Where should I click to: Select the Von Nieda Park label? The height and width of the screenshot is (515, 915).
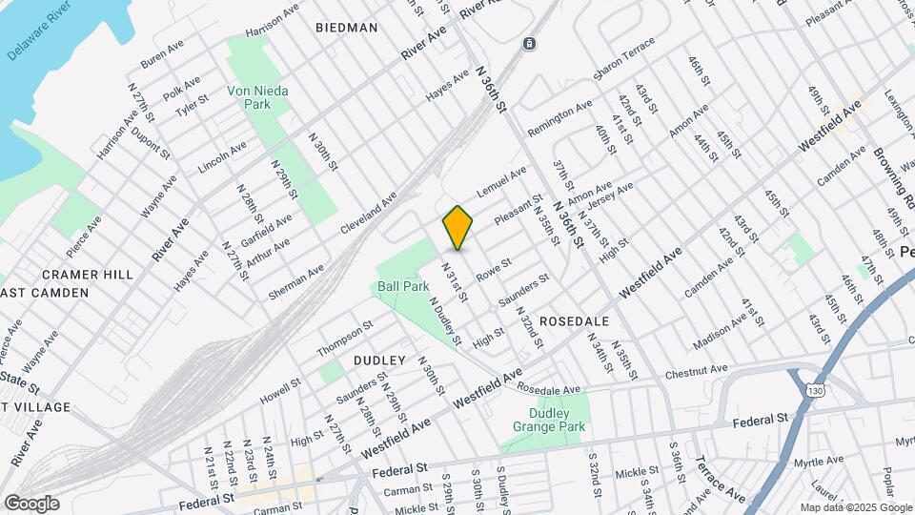(x=257, y=97)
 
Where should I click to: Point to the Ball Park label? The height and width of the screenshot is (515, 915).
(x=396, y=285)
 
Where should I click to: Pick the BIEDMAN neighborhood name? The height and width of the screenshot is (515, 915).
(x=346, y=28)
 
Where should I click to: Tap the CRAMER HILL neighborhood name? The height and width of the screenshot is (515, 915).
(x=92, y=275)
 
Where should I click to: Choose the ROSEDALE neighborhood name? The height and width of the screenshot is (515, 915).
(x=568, y=321)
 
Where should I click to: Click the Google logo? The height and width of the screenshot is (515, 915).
(x=30, y=504)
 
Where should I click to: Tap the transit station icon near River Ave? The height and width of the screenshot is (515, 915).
(x=530, y=44)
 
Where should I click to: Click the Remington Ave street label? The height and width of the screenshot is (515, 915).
(x=560, y=118)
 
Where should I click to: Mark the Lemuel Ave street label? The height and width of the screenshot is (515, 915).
(x=501, y=182)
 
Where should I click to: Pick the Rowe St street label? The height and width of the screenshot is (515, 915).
(x=494, y=268)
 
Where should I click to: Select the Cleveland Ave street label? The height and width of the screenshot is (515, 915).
(x=369, y=216)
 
